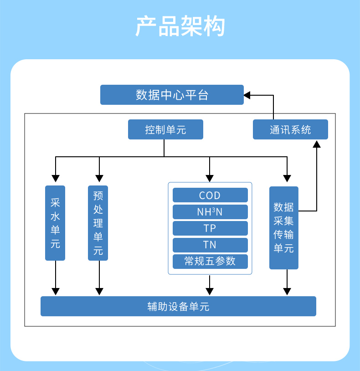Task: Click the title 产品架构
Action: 180,26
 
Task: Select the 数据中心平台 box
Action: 172,95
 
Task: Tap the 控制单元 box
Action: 165,130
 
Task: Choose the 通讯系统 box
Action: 290,130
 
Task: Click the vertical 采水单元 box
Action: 55,223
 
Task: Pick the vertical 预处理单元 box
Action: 98,223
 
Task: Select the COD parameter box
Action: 210,196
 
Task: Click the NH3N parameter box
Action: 210,212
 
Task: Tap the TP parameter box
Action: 210,228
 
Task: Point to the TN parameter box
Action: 210,245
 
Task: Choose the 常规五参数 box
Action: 210,261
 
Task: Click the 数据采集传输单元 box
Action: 283,227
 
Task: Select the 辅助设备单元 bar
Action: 178,306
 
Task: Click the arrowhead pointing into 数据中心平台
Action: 247,95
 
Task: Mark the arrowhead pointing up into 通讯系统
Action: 316,144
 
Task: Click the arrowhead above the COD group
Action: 210,178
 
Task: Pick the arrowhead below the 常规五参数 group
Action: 210,291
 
